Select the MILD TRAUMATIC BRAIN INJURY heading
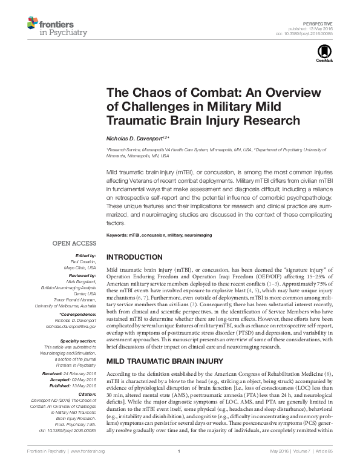(159, 361)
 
